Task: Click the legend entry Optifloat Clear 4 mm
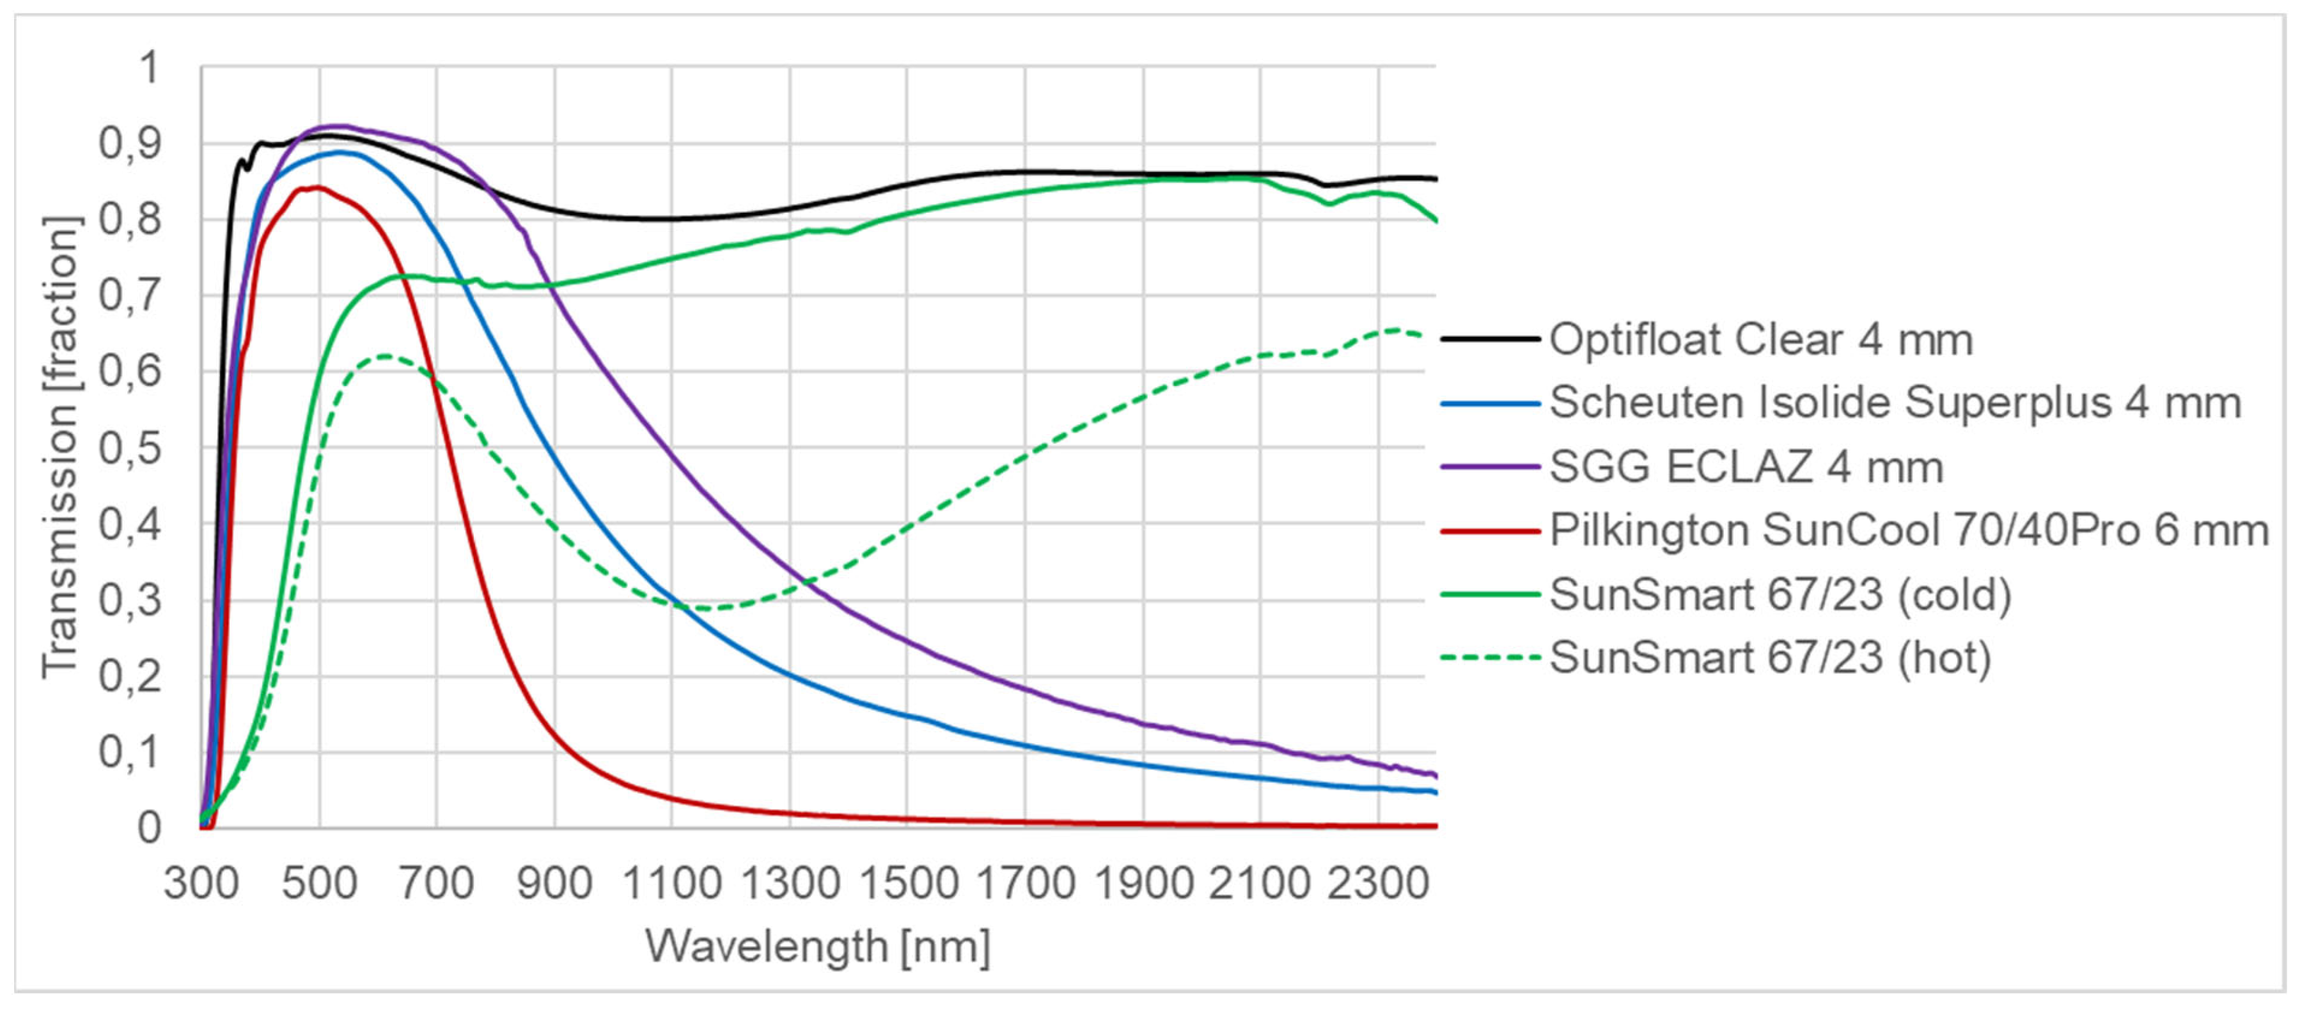click(1761, 340)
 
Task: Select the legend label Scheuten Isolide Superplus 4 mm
click(1895, 403)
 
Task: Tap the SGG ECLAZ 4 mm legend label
click(1746, 467)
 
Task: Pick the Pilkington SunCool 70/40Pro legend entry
click(1909, 531)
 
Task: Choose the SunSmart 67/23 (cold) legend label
click(1780, 594)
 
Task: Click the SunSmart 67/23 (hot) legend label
click(1771, 658)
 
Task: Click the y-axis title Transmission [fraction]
click(61, 446)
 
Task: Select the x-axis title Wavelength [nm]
click(818, 946)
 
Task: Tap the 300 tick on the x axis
click(202, 883)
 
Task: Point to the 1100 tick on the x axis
click(671, 883)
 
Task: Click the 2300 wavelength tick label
click(1378, 883)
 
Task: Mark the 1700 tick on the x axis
click(1025, 883)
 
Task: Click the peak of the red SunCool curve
click(315, 187)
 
